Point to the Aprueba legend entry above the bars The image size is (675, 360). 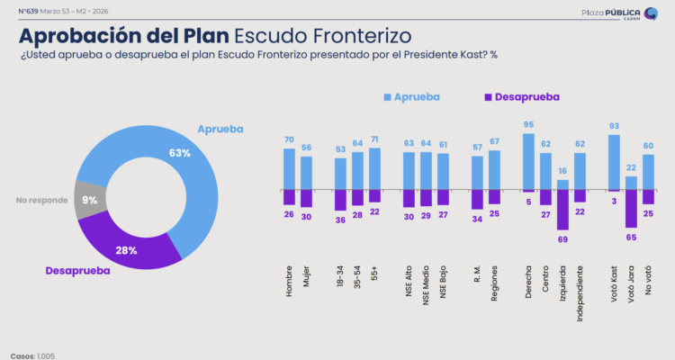[415, 96]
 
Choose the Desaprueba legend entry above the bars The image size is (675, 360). [521, 96]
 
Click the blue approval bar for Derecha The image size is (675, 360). [528, 162]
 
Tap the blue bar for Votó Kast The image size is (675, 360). [615, 162]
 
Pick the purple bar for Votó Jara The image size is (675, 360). [632, 208]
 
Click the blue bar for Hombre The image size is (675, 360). [289, 169]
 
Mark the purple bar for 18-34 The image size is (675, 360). [340, 200]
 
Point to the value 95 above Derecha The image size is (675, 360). [528, 125]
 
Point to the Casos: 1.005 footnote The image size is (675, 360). [32, 355]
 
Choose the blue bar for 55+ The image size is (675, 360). [374, 168]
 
